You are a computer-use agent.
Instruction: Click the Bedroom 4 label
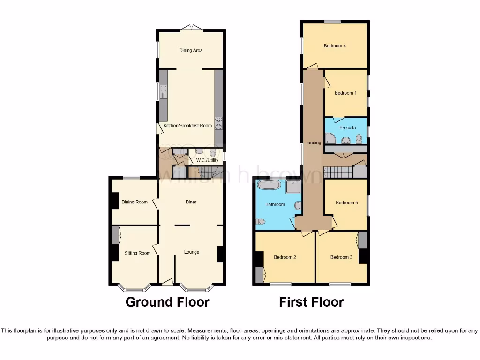(x=335, y=46)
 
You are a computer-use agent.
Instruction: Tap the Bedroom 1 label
(x=345, y=93)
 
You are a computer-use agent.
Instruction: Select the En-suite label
(x=347, y=127)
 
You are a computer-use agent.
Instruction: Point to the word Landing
(x=313, y=142)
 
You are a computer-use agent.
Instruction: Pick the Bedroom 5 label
(x=347, y=202)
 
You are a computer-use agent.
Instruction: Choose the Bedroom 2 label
(x=285, y=257)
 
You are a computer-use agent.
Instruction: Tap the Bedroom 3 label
(x=341, y=257)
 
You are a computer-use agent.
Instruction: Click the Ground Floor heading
(x=167, y=302)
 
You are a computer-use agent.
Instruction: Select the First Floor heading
(x=311, y=302)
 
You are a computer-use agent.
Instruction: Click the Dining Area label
(x=191, y=50)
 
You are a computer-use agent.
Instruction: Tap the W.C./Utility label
(x=207, y=160)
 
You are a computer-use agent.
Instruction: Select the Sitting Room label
(x=137, y=253)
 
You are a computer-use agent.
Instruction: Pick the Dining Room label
(x=135, y=202)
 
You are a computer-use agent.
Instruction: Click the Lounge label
(x=191, y=252)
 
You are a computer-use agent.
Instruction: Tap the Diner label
(x=190, y=202)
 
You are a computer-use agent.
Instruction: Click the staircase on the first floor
(x=338, y=172)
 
